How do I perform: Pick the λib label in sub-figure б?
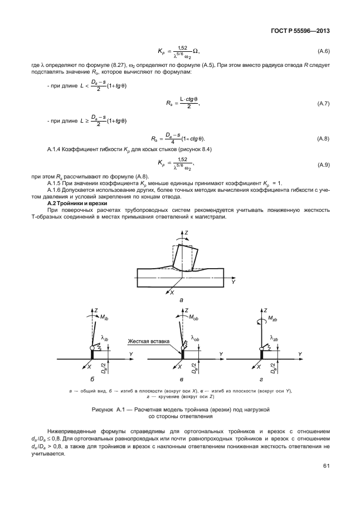tap(105, 338)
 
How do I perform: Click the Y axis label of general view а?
tap(234, 282)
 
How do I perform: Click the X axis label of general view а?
tap(173, 292)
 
